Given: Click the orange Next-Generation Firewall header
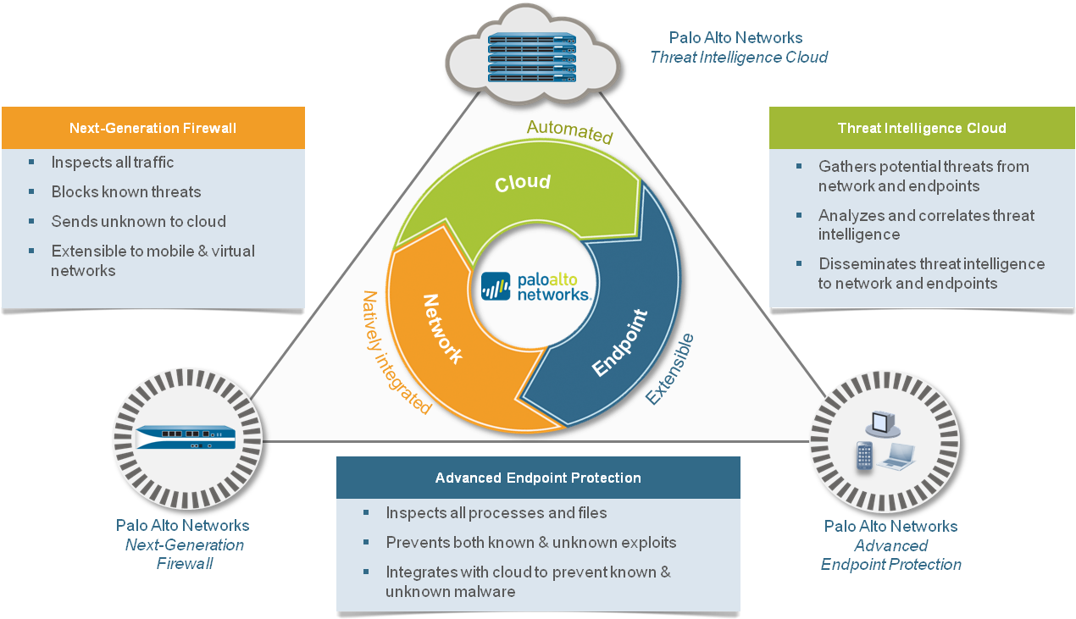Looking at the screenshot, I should pyautogui.click(x=153, y=129).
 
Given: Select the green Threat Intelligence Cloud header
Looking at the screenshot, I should pyautogui.click(x=922, y=129).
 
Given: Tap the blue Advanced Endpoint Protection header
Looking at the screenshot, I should pyautogui.click(x=538, y=478).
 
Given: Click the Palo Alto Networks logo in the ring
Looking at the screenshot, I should pyautogui.click(x=535, y=286).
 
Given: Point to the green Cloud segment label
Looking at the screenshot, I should pyautogui.click(x=523, y=182).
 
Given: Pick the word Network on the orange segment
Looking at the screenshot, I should pyautogui.click(x=442, y=328).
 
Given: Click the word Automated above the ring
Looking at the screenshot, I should pyautogui.click(x=569, y=130).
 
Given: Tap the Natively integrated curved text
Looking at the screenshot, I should pyautogui.click(x=395, y=352).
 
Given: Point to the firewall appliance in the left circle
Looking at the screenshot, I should pyautogui.click(x=186, y=437).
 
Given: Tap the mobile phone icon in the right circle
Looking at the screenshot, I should pyautogui.click(x=864, y=456).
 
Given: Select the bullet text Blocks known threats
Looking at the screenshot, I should pyautogui.click(x=126, y=192).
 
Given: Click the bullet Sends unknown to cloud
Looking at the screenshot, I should pyautogui.click(x=138, y=222).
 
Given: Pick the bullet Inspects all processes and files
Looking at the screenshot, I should pyautogui.click(x=496, y=513).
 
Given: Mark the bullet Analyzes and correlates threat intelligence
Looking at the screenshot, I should pyautogui.click(x=926, y=224).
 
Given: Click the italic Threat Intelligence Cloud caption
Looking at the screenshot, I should pyautogui.click(x=738, y=58).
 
